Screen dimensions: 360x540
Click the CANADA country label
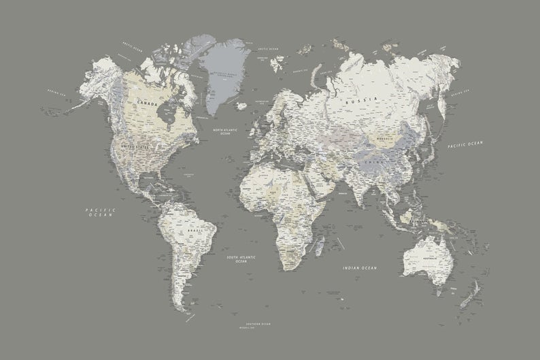tap(146, 103)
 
